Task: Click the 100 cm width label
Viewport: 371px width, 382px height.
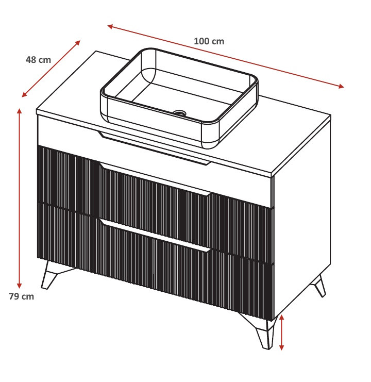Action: pos(209,41)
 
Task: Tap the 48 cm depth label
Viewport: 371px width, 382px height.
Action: pos(38,60)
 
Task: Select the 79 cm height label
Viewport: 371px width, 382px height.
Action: pos(22,296)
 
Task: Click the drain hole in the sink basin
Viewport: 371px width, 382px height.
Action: pos(180,112)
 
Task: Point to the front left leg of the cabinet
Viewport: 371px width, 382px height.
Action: pos(51,275)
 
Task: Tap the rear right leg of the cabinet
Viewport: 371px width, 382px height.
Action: pos(319,286)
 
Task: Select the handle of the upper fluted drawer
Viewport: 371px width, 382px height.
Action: pos(155,178)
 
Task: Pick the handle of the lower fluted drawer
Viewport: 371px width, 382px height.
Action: pos(155,236)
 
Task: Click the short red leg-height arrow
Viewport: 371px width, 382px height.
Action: pos(282,333)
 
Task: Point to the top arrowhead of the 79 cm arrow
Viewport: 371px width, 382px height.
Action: pos(20,111)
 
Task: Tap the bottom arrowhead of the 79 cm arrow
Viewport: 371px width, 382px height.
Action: pos(20,286)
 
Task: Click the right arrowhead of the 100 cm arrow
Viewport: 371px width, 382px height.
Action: pos(341,86)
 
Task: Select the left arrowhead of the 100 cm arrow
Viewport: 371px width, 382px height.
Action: pos(110,26)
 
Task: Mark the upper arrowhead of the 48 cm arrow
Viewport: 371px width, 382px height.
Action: pos(78,43)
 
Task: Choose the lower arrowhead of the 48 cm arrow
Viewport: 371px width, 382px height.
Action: pos(24,95)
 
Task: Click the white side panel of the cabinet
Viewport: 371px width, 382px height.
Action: pos(302,219)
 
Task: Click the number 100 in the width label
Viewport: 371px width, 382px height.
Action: pos(202,41)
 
